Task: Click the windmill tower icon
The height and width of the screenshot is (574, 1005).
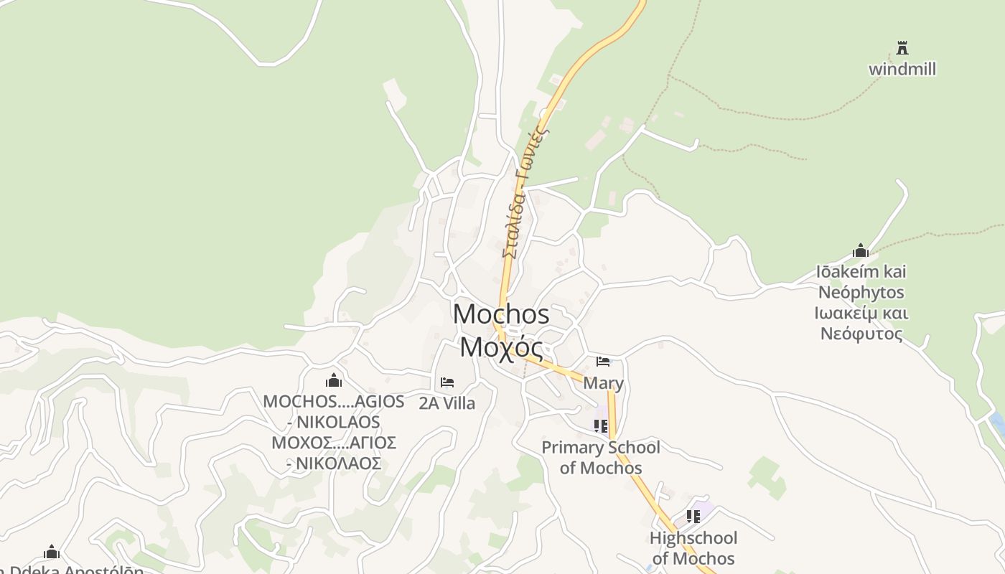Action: pos(902,49)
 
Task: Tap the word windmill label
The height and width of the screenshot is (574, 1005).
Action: pos(902,70)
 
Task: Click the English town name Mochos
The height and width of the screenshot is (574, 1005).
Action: pos(501,314)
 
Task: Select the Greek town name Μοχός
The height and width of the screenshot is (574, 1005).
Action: pos(501,347)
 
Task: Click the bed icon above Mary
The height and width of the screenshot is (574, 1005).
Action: pos(603,362)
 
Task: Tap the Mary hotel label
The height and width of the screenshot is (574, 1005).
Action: pos(603,383)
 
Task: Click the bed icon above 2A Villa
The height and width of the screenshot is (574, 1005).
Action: pos(447,382)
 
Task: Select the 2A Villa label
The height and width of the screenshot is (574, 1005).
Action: pos(447,403)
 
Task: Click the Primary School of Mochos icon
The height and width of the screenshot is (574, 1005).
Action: pos(601,426)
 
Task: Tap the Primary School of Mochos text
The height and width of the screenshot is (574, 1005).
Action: pos(601,458)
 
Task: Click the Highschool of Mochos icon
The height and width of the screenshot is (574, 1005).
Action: pos(693,517)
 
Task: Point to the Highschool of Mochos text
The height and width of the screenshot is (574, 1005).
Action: pos(693,548)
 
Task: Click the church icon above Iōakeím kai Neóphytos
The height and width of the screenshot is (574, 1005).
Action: pos(861,250)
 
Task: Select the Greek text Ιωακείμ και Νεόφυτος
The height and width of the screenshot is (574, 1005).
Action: pos(861,324)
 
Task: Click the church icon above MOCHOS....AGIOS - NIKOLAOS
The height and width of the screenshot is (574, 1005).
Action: pos(334,380)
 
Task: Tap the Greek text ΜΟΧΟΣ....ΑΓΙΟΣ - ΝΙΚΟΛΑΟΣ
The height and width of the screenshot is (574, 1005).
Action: pos(334,453)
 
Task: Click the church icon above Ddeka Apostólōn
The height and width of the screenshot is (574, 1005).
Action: pos(52,552)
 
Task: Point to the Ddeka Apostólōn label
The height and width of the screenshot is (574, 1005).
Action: pos(72,570)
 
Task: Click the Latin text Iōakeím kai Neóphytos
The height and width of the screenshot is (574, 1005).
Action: pos(861,282)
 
